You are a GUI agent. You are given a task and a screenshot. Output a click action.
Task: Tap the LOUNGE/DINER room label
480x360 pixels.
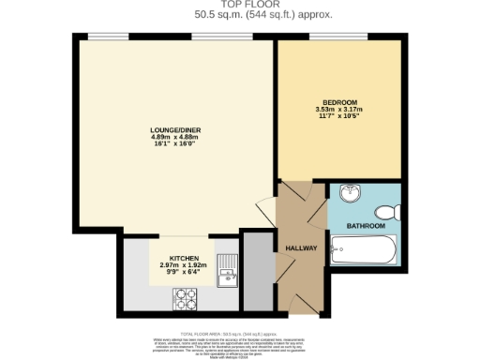(176, 130)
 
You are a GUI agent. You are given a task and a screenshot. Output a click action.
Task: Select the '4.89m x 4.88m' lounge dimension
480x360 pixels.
(176, 138)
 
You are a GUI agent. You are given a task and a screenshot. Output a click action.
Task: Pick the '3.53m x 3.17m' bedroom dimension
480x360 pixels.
(339, 109)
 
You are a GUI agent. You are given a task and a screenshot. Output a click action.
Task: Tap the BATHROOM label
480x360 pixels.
(366, 226)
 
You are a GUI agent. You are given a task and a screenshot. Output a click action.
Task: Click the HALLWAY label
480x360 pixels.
(301, 247)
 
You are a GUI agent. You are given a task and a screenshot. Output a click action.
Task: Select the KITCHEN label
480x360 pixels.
(184, 258)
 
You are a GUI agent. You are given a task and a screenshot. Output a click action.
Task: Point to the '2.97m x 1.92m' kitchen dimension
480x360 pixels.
(184, 265)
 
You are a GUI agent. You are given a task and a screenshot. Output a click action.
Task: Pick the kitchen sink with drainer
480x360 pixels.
(226, 271)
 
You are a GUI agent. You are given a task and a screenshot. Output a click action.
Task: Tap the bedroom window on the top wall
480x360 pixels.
(340, 37)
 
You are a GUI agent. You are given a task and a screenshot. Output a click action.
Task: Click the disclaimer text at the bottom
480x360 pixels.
(239, 343)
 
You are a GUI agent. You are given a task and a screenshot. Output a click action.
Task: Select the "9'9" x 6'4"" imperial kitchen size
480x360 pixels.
(184, 273)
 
